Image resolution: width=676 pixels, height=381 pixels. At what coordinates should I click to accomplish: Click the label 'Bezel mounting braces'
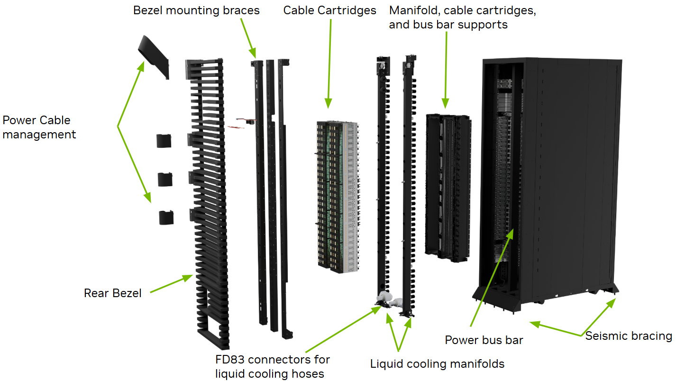pyautogui.click(x=196, y=10)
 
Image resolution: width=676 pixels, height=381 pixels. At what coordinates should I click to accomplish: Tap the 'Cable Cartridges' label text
pyautogui.click(x=329, y=10)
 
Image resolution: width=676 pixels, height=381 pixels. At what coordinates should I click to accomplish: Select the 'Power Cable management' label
pyautogui.click(x=39, y=127)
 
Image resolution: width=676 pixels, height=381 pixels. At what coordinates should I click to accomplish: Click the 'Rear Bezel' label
pyautogui.click(x=113, y=293)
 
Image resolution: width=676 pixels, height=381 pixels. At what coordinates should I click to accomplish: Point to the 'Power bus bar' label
pyautogui.click(x=484, y=340)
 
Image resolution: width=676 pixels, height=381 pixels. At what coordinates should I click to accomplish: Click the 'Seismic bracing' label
pyautogui.click(x=628, y=336)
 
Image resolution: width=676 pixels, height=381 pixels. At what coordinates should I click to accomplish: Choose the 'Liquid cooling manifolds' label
pyautogui.click(x=437, y=364)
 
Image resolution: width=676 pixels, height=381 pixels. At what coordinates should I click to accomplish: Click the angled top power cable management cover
pyautogui.click(x=154, y=54)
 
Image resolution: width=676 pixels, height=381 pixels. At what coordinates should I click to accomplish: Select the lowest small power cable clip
pyautogui.click(x=166, y=217)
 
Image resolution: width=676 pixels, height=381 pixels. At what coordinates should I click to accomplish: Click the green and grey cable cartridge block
pyautogui.click(x=337, y=197)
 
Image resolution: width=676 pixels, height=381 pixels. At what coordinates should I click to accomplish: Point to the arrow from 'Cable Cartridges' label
pyautogui.click(x=329, y=62)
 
